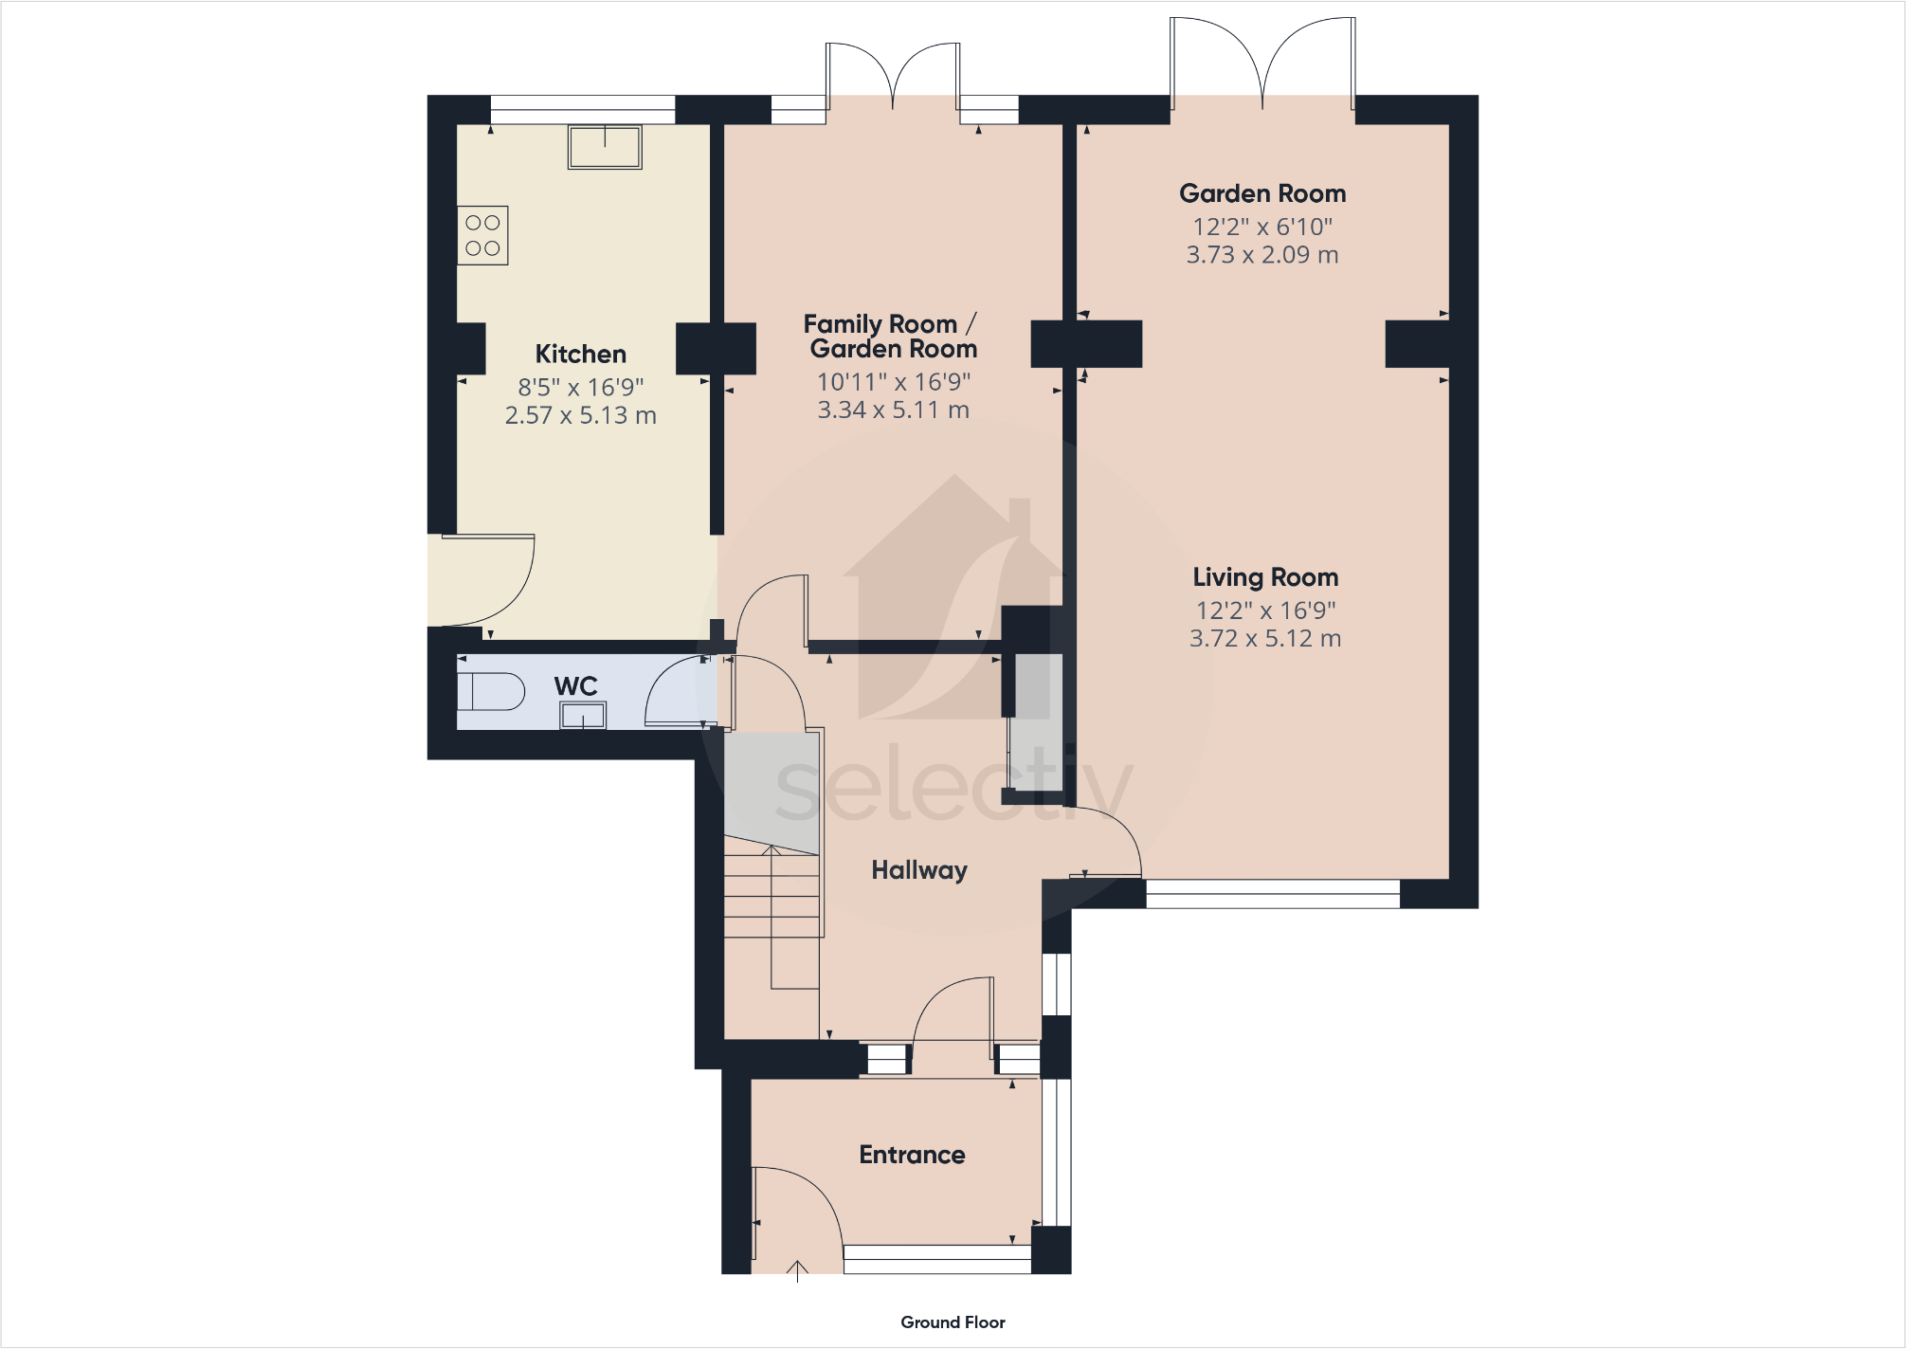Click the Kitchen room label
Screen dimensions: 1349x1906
point(580,355)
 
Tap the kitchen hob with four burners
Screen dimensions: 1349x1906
point(482,235)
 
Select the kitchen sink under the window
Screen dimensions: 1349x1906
point(605,147)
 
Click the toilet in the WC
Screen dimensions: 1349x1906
point(490,692)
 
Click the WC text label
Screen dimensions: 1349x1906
point(575,686)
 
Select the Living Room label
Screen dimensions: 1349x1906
point(1264,577)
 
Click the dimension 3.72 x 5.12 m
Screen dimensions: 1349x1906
point(1264,639)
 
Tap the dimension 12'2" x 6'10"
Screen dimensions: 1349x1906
point(1262,228)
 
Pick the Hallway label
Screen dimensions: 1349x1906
point(918,870)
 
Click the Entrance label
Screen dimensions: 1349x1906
point(912,1155)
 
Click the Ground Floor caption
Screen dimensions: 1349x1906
point(953,1322)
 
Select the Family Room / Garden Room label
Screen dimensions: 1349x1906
point(890,337)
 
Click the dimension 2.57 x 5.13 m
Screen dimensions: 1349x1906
point(580,416)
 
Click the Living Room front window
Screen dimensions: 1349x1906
point(1272,894)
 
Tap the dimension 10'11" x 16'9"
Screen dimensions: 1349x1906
point(893,382)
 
